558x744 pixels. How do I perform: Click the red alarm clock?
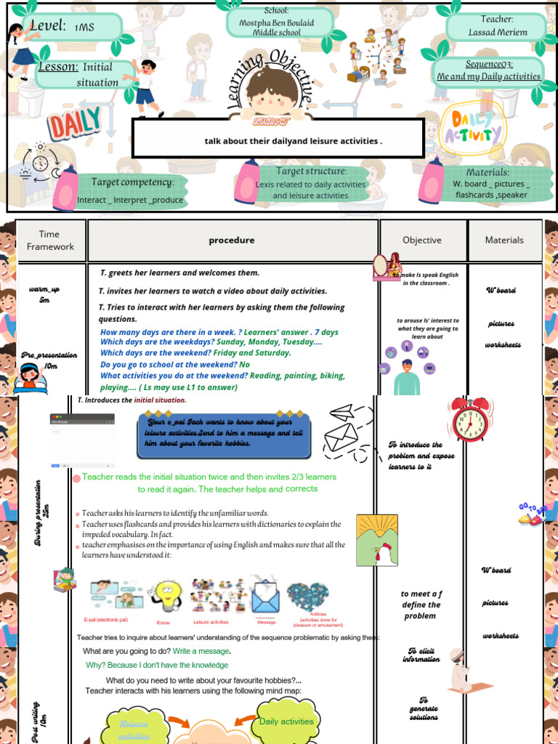470,419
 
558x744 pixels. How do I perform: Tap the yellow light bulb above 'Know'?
166,596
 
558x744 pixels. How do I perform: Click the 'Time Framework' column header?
50,240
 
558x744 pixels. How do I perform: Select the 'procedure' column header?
232,240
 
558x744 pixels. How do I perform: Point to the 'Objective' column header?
421,240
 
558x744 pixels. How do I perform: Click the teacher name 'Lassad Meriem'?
496,32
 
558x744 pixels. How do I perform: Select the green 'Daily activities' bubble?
286,721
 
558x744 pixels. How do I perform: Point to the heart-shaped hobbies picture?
307,596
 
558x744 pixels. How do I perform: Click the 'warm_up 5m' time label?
44,294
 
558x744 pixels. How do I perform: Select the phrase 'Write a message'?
201,651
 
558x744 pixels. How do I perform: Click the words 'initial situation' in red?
160,400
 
